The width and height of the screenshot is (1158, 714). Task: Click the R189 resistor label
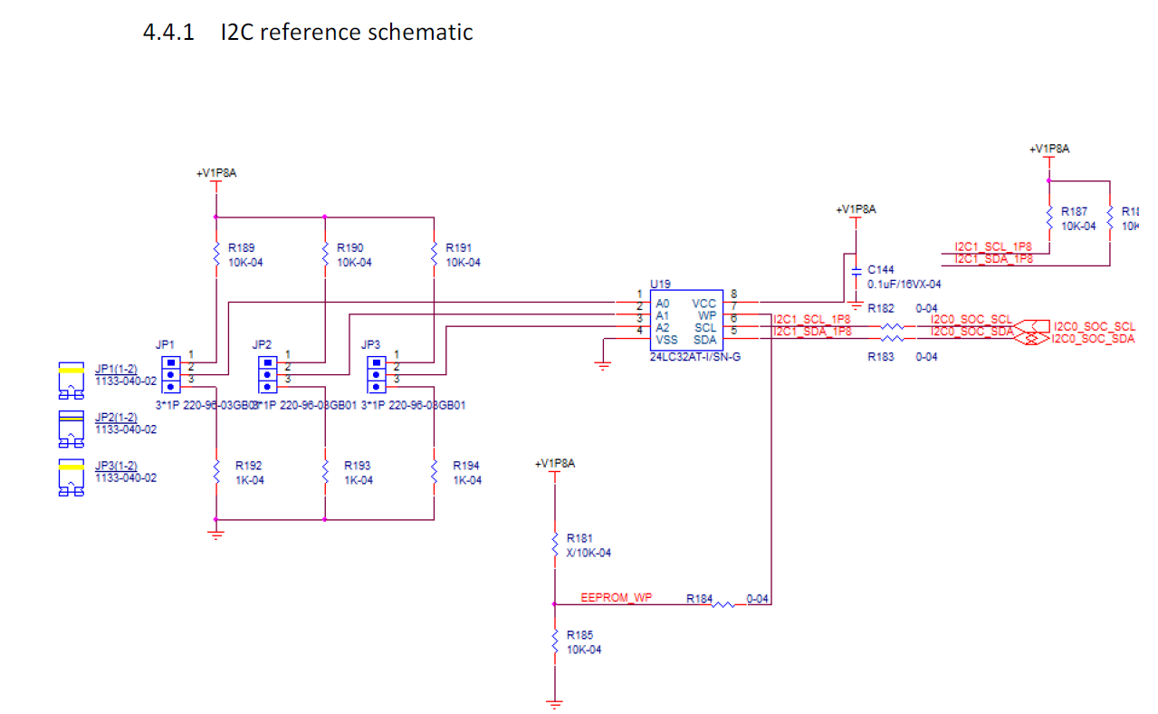[x=240, y=246]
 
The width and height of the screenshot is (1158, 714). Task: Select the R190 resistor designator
[x=349, y=246]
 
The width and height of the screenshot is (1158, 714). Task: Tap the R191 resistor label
[x=458, y=246]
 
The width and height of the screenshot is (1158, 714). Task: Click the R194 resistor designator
[x=466, y=466]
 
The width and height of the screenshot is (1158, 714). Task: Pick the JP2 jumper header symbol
[x=266, y=373]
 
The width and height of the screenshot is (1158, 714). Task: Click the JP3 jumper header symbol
[x=375, y=373]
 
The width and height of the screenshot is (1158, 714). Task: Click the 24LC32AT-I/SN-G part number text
[x=695, y=357]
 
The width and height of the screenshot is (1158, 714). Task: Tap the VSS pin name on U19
[x=666, y=340]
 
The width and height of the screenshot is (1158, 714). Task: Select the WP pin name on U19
[x=707, y=315]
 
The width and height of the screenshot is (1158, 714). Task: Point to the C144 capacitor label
[x=881, y=269]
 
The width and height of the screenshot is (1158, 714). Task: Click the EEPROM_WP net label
[x=616, y=597]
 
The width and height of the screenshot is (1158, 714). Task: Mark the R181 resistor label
[x=579, y=537]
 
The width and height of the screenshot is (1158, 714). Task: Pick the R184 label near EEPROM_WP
[x=699, y=599]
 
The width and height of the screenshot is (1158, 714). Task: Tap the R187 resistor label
[x=1074, y=211]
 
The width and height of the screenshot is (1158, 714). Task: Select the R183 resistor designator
[x=881, y=357]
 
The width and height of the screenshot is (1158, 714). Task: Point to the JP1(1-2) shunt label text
[x=116, y=369]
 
